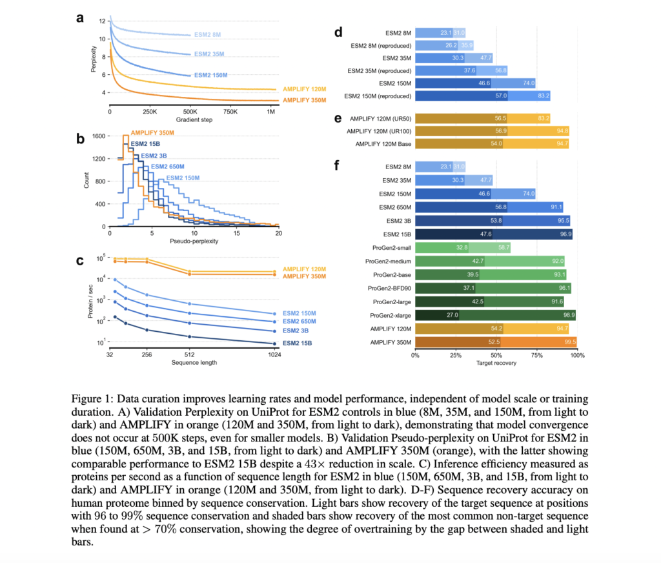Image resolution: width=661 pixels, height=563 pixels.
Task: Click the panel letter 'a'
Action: (x=79, y=18)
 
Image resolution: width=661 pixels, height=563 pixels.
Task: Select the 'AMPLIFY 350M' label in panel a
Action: (x=305, y=100)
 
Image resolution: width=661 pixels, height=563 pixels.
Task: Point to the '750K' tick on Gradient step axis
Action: (x=231, y=112)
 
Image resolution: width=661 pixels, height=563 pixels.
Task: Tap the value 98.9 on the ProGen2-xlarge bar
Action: (x=567, y=315)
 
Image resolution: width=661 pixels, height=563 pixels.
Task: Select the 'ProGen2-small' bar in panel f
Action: (x=463, y=247)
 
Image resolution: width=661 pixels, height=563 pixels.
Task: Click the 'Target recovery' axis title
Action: (x=496, y=363)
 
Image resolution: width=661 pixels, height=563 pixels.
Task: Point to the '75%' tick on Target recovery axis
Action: (x=536, y=354)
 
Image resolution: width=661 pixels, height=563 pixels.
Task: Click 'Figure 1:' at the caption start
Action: (x=98, y=400)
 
